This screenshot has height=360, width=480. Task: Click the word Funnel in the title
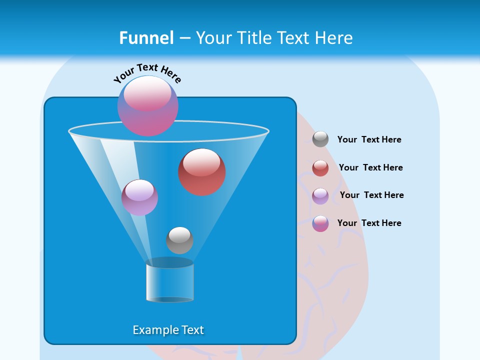[x=146, y=37]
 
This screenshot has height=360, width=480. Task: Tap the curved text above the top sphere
[x=147, y=73]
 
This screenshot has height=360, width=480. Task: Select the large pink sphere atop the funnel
[x=147, y=106]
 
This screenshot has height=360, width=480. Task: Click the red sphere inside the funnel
[x=201, y=172]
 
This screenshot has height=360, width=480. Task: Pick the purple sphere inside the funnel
[x=139, y=197]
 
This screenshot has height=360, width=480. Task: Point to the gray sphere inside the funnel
[x=179, y=240]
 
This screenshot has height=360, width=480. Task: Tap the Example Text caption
[x=168, y=330]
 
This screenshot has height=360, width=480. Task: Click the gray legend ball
[x=320, y=139]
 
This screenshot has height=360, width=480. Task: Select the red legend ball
[x=320, y=168]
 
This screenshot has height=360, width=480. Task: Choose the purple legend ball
[x=320, y=196]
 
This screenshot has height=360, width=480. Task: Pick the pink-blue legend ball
[x=320, y=223]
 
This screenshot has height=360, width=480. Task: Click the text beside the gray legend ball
[x=369, y=139]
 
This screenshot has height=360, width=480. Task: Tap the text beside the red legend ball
[x=370, y=167]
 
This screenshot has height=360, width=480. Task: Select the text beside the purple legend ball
[x=371, y=195]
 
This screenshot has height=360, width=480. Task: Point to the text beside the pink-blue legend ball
[x=369, y=223]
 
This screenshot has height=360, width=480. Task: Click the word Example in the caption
[x=151, y=330]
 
